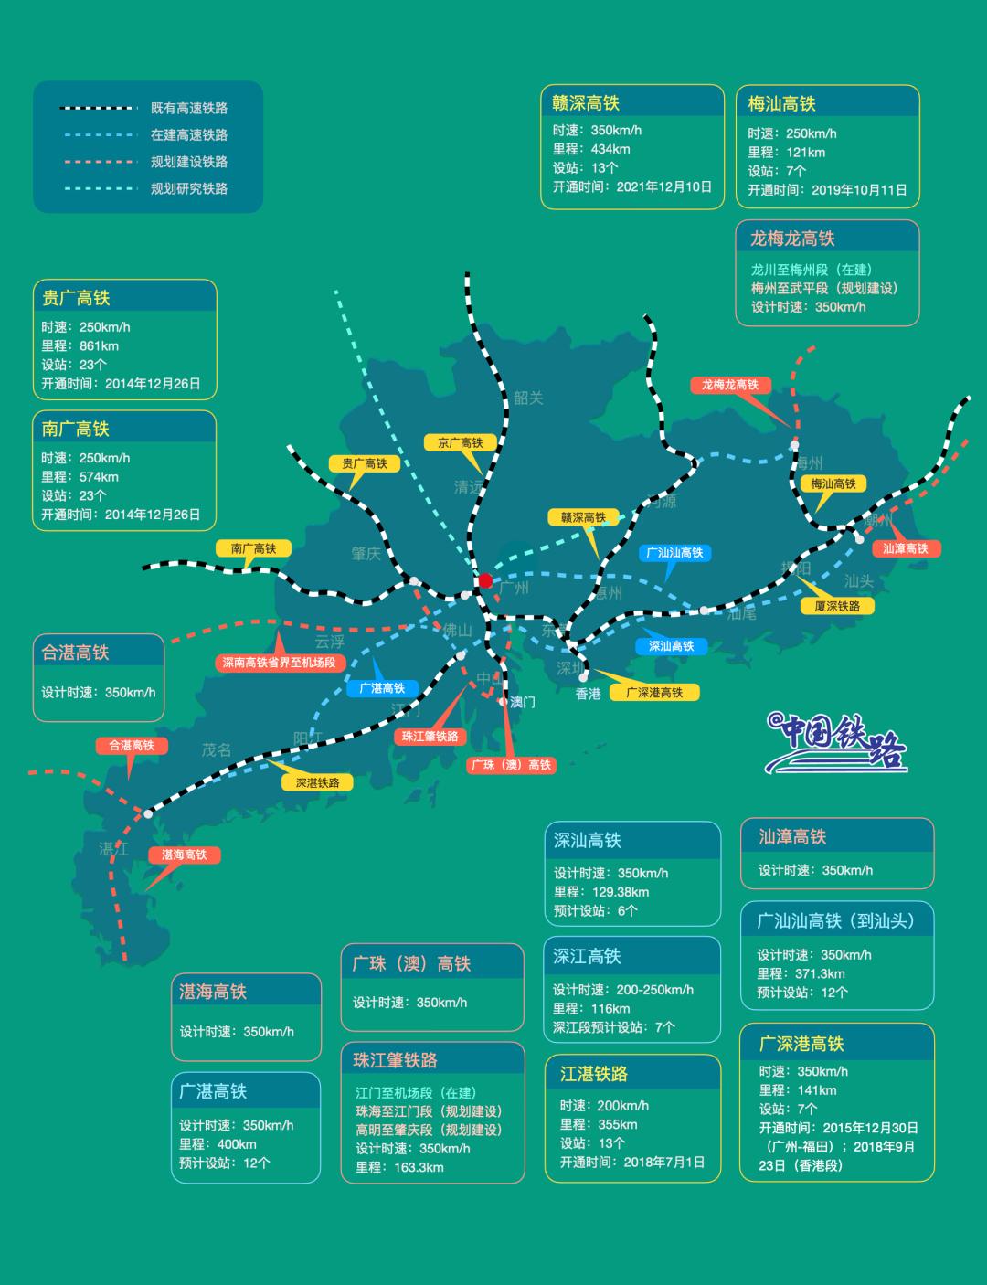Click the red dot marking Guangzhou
pyautogui.click(x=485, y=580)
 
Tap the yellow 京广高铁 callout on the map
pyautogui.click(x=460, y=442)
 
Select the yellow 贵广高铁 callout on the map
pyautogui.click(x=364, y=463)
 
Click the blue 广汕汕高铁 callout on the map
pyautogui.click(x=674, y=552)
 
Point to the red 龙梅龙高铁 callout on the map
pyautogui.click(x=729, y=385)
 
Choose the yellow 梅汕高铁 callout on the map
pyautogui.click(x=833, y=483)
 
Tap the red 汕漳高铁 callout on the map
pyautogui.click(x=905, y=548)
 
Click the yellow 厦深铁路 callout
pyautogui.click(x=836, y=605)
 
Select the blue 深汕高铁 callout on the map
pyautogui.click(x=671, y=645)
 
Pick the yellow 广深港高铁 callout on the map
pyautogui.click(x=654, y=692)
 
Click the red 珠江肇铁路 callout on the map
pyautogui.click(x=430, y=736)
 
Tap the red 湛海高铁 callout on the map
pyautogui.click(x=184, y=855)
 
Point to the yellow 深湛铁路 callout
pyautogui.click(x=317, y=782)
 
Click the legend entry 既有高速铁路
pyautogui.click(x=189, y=108)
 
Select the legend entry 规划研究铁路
pyautogui.click(x=189, y=188)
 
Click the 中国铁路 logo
pyautogui.click(x=836, y=742)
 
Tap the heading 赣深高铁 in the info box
pyautogui.click(x=586, y=103)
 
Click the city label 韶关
pyautogui.click(x=528, y=398)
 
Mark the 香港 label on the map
pyautogui.click(x=589, y=694)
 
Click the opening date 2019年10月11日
pyautogui.click(x=859, y=190)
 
